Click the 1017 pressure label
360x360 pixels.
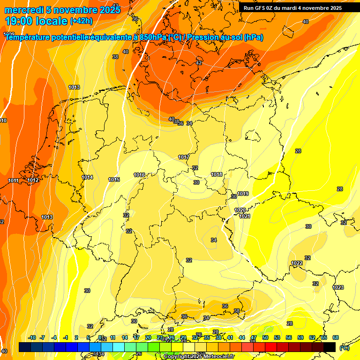coord(184,157)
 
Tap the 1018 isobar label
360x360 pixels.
coord(217,174)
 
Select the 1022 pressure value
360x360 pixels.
coord(296,263)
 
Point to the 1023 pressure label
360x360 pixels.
coord(338,287)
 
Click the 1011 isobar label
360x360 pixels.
coord(13,180)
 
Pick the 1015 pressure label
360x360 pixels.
coord(114,180)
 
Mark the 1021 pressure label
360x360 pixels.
coord(245,216)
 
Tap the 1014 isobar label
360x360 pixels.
coord(87,177)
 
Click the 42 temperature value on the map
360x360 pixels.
coord(199,63)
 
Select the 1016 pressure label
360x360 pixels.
coord(139,175)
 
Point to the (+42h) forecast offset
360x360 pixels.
coord(81,21)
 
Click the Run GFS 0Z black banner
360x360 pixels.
coord(292,8)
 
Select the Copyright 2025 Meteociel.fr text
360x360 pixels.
coord(198,357)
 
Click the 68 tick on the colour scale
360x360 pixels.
coord(336,337)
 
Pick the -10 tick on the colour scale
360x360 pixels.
coord(32,337)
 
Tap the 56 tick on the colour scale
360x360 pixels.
coord(289,337)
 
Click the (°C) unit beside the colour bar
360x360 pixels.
coord(344,348)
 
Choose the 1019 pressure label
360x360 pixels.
coord(243,194)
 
